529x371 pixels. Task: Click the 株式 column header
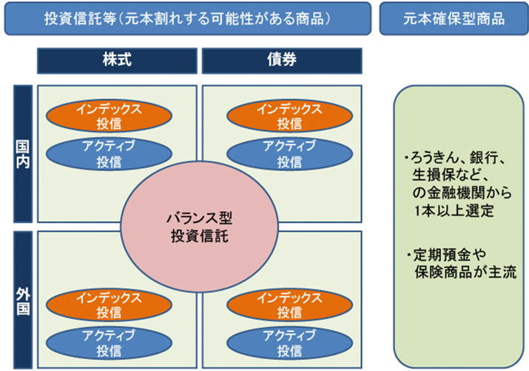117,61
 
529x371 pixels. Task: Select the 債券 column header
282,61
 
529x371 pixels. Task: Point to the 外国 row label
23,298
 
